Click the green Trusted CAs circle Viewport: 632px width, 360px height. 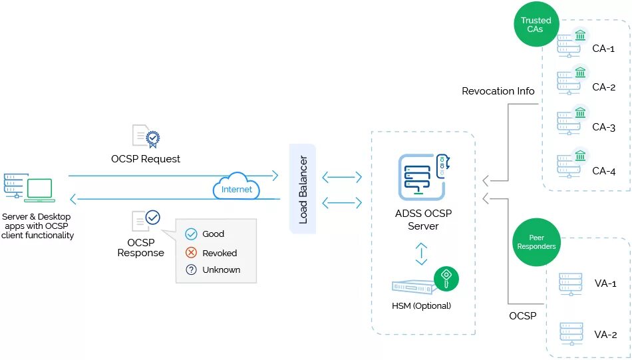coord(536,25)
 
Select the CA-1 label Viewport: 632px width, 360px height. coord(603,48)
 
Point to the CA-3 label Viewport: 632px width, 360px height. coord(603,127)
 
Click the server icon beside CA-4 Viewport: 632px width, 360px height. coord(567,164)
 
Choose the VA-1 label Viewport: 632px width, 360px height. coord(605,283)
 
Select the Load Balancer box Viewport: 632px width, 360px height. coord(303,189)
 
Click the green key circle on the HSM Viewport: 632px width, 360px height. coord(446,278)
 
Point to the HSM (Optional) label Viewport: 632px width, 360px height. coord(421,306)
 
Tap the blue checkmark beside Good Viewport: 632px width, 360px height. coord(191,234)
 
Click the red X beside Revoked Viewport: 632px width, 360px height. coord(191,253)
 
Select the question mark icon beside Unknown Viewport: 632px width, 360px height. coord(191,270)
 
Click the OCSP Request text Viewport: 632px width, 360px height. coord(146,159)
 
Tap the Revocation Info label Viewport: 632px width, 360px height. coord(498,91)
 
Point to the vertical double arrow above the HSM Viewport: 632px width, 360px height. coord(421,254)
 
